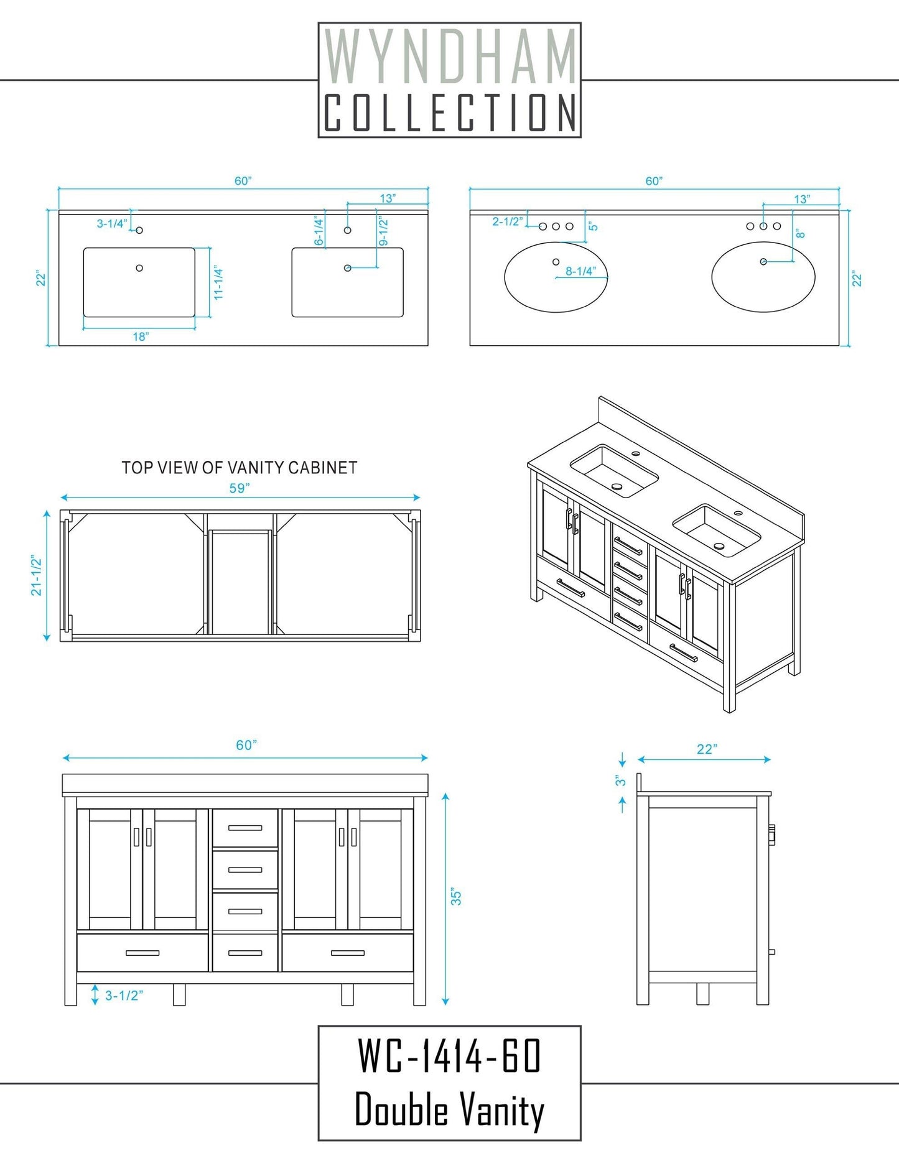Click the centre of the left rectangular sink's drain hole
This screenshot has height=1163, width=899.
tap(139, 268)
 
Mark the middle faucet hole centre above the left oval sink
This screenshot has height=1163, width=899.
tap(556, 226)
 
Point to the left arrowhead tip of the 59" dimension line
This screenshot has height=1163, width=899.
tap(61, 498)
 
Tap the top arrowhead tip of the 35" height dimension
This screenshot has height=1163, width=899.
tap(445, 793)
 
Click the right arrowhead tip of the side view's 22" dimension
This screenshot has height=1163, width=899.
tap(771, 759)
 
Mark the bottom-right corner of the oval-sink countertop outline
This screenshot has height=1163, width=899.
tap(839, 345)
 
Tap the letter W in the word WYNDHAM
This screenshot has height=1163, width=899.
tap(341, 57)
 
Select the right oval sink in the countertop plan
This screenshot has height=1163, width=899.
tap(763, 277)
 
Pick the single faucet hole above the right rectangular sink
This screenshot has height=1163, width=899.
tap(348, 230)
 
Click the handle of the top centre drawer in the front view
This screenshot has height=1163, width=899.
tap(245, 828)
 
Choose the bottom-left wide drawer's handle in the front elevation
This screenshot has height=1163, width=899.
tap(142, 953)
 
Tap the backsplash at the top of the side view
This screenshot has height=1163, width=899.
tap(639, 784)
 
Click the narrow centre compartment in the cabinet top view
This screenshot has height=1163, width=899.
tap(240, 582)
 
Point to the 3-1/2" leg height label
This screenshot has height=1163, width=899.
tap(124, 995)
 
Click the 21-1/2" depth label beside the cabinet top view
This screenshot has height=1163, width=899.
tap(37, 576)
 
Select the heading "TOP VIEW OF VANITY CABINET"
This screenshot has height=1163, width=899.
tap(240, 468)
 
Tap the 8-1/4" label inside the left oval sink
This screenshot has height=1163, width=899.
tap(580, 271)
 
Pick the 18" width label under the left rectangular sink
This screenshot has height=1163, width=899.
tap(141, 336)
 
